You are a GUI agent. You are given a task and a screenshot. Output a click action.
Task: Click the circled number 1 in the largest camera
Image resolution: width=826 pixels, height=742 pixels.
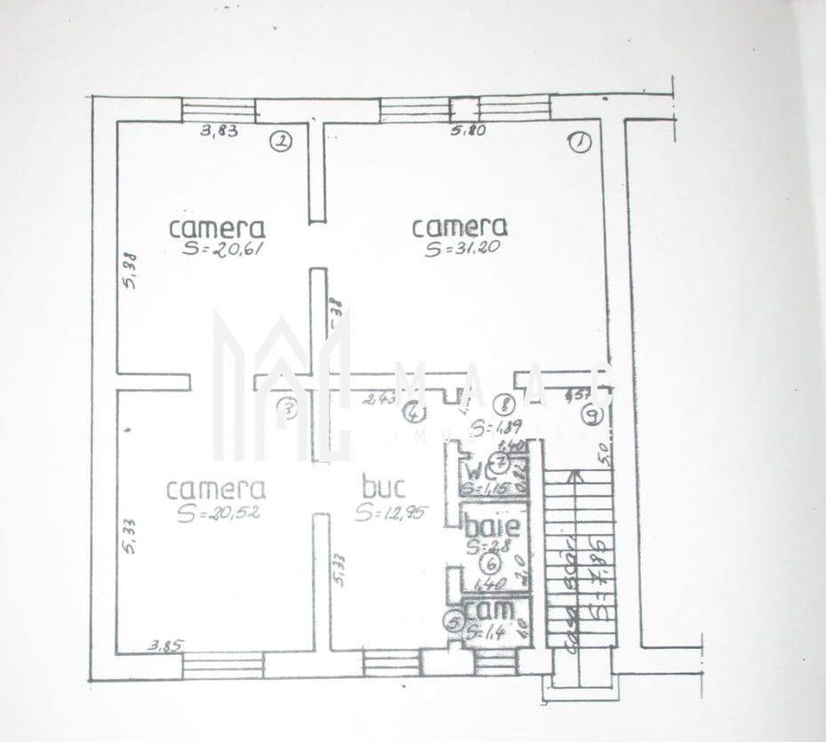click(580, 142)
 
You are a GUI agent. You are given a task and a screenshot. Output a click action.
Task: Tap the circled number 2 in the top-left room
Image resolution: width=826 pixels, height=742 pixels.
click(282, 141)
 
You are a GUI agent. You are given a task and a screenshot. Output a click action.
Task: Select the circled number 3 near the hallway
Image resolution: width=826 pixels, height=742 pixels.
click(286, 410)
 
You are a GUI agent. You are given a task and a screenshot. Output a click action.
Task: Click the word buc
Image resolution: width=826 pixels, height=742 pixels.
click(384, 488)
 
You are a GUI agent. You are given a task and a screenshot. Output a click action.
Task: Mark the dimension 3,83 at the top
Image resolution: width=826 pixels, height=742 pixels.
click(219, 132)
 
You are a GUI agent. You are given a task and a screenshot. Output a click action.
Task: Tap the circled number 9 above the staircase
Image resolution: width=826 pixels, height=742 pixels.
click(593, 414)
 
